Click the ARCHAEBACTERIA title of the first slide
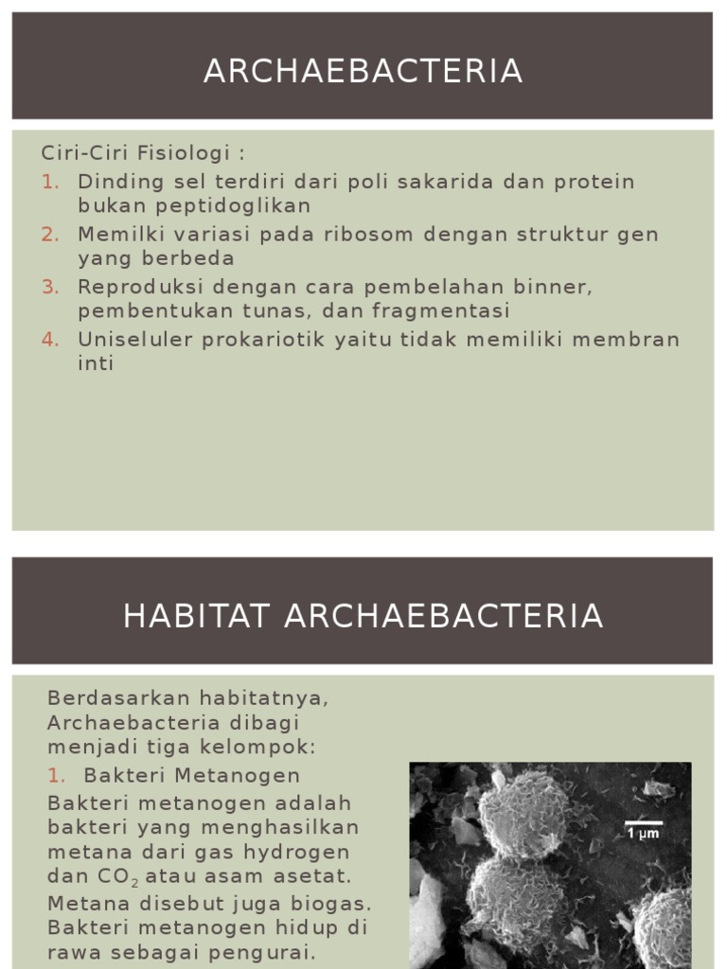pos(363,71)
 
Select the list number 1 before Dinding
pos(50,181)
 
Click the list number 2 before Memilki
pos(50,234)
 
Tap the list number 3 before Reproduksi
pos(50,286)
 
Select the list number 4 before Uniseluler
pos(50,339)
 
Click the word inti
pos(96,363)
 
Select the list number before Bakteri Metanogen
pos(56,776)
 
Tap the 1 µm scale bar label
pos(644,834)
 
